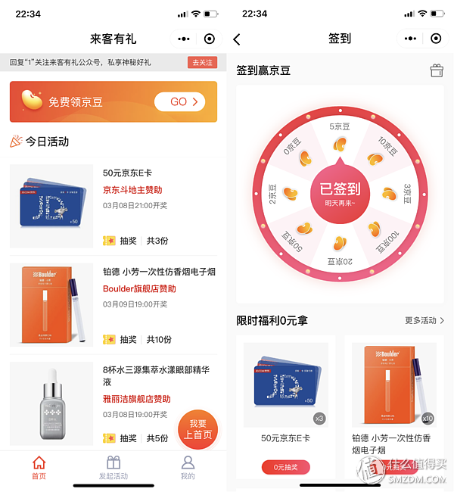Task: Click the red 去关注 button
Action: (x=202, y=62)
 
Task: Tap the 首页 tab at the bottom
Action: (x=39, y=468)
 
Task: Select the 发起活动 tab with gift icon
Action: (x=113, y=468)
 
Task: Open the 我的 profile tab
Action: (x=188, y=468)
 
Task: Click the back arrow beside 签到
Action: (x=237, y=39)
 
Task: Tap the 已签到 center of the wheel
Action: (x=340, y=192)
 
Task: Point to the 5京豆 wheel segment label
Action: (x=340, y=126)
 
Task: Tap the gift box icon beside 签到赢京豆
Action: (x=437, y=70)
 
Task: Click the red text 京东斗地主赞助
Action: (x=132, y=190)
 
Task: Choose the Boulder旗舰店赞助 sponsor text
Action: (x=139, y=288)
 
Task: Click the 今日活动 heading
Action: (x=47, y=142)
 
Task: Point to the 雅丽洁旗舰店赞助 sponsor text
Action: (x=137, y=399)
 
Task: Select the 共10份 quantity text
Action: (x=159, y=340)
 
